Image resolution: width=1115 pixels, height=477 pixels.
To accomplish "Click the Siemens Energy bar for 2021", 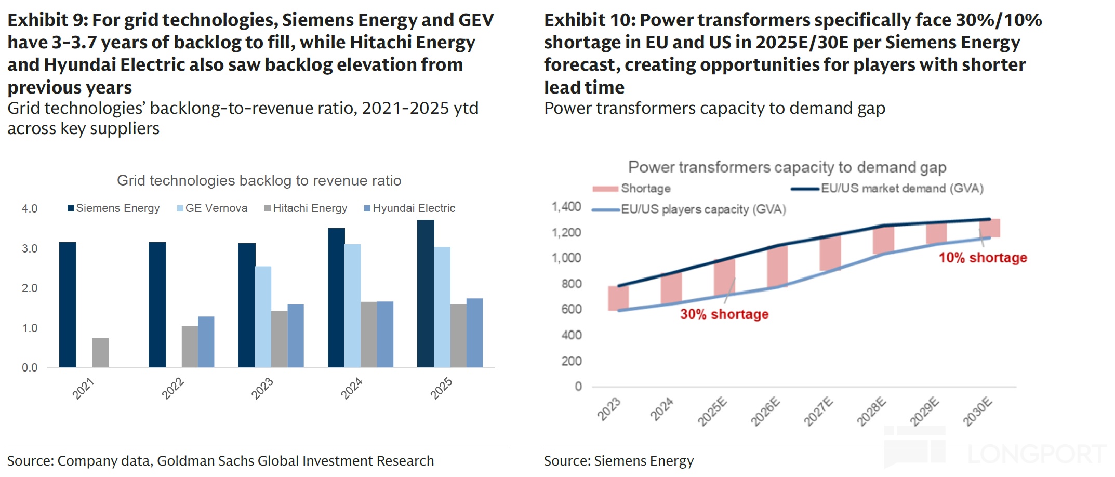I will [68, 305].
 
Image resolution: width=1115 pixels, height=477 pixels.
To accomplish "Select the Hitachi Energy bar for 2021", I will [100, 353].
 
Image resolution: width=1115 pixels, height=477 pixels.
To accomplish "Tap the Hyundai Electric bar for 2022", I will [206, 342].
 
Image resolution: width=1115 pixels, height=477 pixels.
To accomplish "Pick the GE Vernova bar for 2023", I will [263, 317].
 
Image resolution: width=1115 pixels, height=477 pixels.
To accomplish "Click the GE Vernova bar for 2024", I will [352, 306].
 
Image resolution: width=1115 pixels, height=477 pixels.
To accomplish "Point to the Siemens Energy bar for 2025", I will [426, 294].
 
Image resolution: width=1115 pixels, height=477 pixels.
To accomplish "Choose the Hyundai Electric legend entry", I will [410, 208].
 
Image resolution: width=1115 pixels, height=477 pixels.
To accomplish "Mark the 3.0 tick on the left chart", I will [30, 248].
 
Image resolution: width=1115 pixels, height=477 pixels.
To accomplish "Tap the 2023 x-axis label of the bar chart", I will [262, 389].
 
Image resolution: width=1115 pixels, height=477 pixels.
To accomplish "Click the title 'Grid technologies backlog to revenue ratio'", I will [259, 180].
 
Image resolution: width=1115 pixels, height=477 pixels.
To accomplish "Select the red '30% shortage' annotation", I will [724, 314].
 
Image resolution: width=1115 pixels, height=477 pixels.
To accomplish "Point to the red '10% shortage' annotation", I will [983, 258].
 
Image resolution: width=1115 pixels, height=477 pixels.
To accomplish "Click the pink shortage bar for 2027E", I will [830, 253].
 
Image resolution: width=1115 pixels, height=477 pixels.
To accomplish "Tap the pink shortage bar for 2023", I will [618, 298].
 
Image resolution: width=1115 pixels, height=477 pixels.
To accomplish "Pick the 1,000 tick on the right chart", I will [566, 258].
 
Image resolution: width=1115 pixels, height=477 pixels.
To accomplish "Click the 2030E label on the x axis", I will [977, 412].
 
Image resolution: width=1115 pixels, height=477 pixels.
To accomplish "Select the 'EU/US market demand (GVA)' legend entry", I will [887, 189].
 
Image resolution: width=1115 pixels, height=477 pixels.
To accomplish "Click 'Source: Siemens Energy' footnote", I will [618, 461].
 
